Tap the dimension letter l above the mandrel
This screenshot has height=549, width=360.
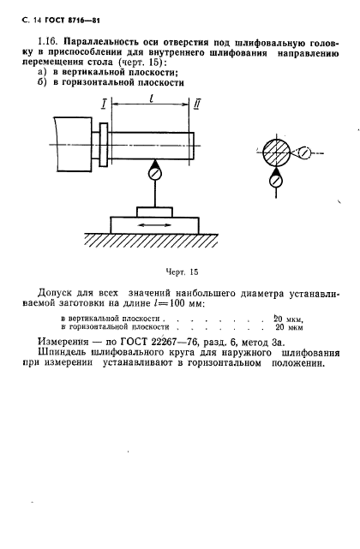pyautogui.click(x=152, y=99)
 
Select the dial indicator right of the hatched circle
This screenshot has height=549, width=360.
pyautogui.click(x=304, y=155)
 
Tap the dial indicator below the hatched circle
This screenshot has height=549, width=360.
pyautogui.click(x=276, y=181)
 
